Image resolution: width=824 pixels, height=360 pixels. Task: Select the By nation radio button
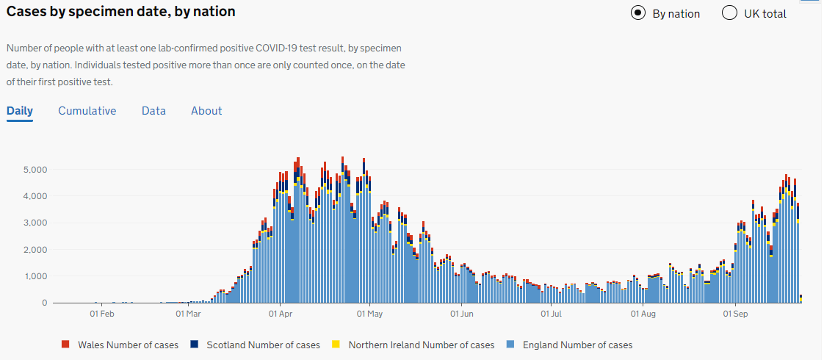[638, 13]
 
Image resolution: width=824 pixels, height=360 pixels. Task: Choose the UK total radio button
[729, 13]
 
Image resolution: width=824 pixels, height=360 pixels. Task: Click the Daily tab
[20, 111]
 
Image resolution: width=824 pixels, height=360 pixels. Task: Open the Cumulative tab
[87, 111]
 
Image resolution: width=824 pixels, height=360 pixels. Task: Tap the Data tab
[153, 111]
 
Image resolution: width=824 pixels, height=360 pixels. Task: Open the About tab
[206, 111]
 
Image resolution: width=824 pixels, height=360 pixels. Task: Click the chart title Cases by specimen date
[121, 12]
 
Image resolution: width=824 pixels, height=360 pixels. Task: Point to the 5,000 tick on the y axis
[35, 170]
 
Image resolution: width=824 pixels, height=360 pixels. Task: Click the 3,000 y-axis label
[35, 223]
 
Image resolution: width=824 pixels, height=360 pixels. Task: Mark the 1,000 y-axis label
[35, 276]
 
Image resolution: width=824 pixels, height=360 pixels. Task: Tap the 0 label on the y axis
[45, 303]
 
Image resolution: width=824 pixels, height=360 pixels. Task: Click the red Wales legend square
[65, 345]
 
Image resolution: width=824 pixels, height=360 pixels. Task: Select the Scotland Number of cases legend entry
[263, 345]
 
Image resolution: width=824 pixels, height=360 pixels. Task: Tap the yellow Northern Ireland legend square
[336, 345]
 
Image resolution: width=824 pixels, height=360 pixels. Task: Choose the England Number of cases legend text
[577, 345]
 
